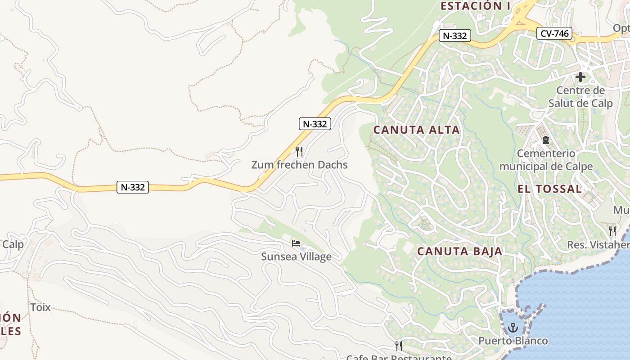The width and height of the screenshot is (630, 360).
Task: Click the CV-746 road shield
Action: [554, 33]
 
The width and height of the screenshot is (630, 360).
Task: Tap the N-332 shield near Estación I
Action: [455, 36]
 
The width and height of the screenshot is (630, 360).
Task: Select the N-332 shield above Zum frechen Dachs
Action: [315, 124]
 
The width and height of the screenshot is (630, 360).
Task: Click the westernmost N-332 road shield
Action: [133, 187]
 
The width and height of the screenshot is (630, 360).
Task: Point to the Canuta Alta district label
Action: [417, 130]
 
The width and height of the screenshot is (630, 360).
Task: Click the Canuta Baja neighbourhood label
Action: [459, 251]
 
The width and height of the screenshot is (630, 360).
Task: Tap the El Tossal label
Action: [549, 189]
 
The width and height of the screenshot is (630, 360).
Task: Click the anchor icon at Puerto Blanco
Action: [513, 328]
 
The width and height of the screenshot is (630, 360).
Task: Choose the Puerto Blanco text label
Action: [513, 341]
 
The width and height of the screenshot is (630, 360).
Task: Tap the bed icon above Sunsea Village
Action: [296, 243]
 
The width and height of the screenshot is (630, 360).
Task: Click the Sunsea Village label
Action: [296, 256]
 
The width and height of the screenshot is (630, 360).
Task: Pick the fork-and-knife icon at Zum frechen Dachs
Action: [299, 151]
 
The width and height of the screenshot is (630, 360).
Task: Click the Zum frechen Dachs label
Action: [299, 165]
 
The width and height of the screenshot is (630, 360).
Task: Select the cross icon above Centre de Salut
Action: [580, 77]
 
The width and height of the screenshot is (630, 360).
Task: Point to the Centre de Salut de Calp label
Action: [580, 97]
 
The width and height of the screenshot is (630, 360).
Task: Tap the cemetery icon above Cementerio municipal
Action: [546, 140]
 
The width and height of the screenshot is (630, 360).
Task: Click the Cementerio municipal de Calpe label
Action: [546, 160]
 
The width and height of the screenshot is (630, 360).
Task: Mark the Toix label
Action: [40, 308]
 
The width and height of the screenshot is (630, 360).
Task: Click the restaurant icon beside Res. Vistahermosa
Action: [612, 231]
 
